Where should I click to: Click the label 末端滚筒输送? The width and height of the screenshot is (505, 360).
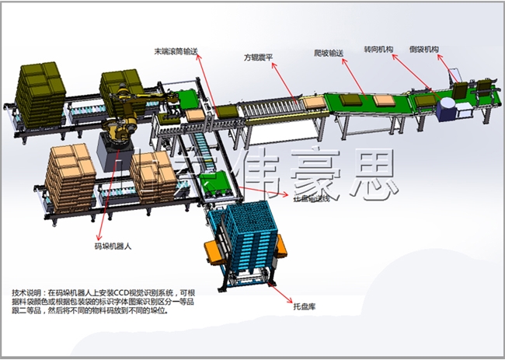[176, 51]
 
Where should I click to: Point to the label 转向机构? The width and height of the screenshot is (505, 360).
[378, 49]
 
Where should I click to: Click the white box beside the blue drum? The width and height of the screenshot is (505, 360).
[464, 110]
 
